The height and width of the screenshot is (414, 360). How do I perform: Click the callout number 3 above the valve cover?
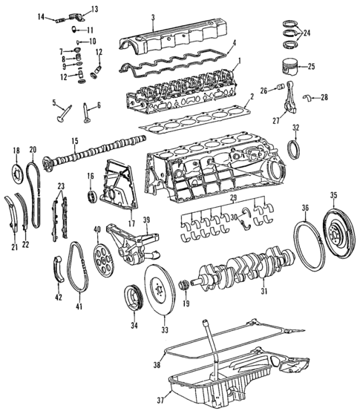pos(152,17)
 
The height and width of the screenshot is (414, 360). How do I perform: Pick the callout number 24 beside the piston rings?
pos(307,33)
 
